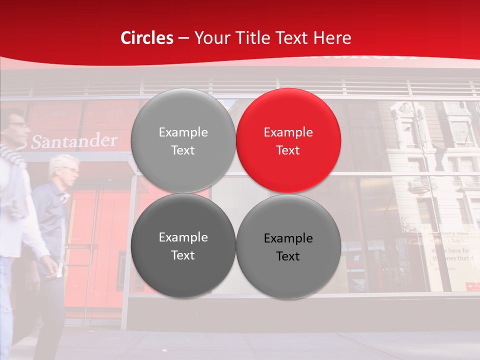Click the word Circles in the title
pos(146,38)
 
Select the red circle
pos(288,140)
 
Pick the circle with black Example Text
pos(288,247)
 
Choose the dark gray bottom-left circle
pos(183,246)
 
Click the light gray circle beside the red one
pos(183,140)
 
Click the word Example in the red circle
pos(288,132)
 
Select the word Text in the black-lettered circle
pos(288,256)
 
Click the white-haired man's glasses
pos(71,170)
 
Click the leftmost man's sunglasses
pos(17,124)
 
